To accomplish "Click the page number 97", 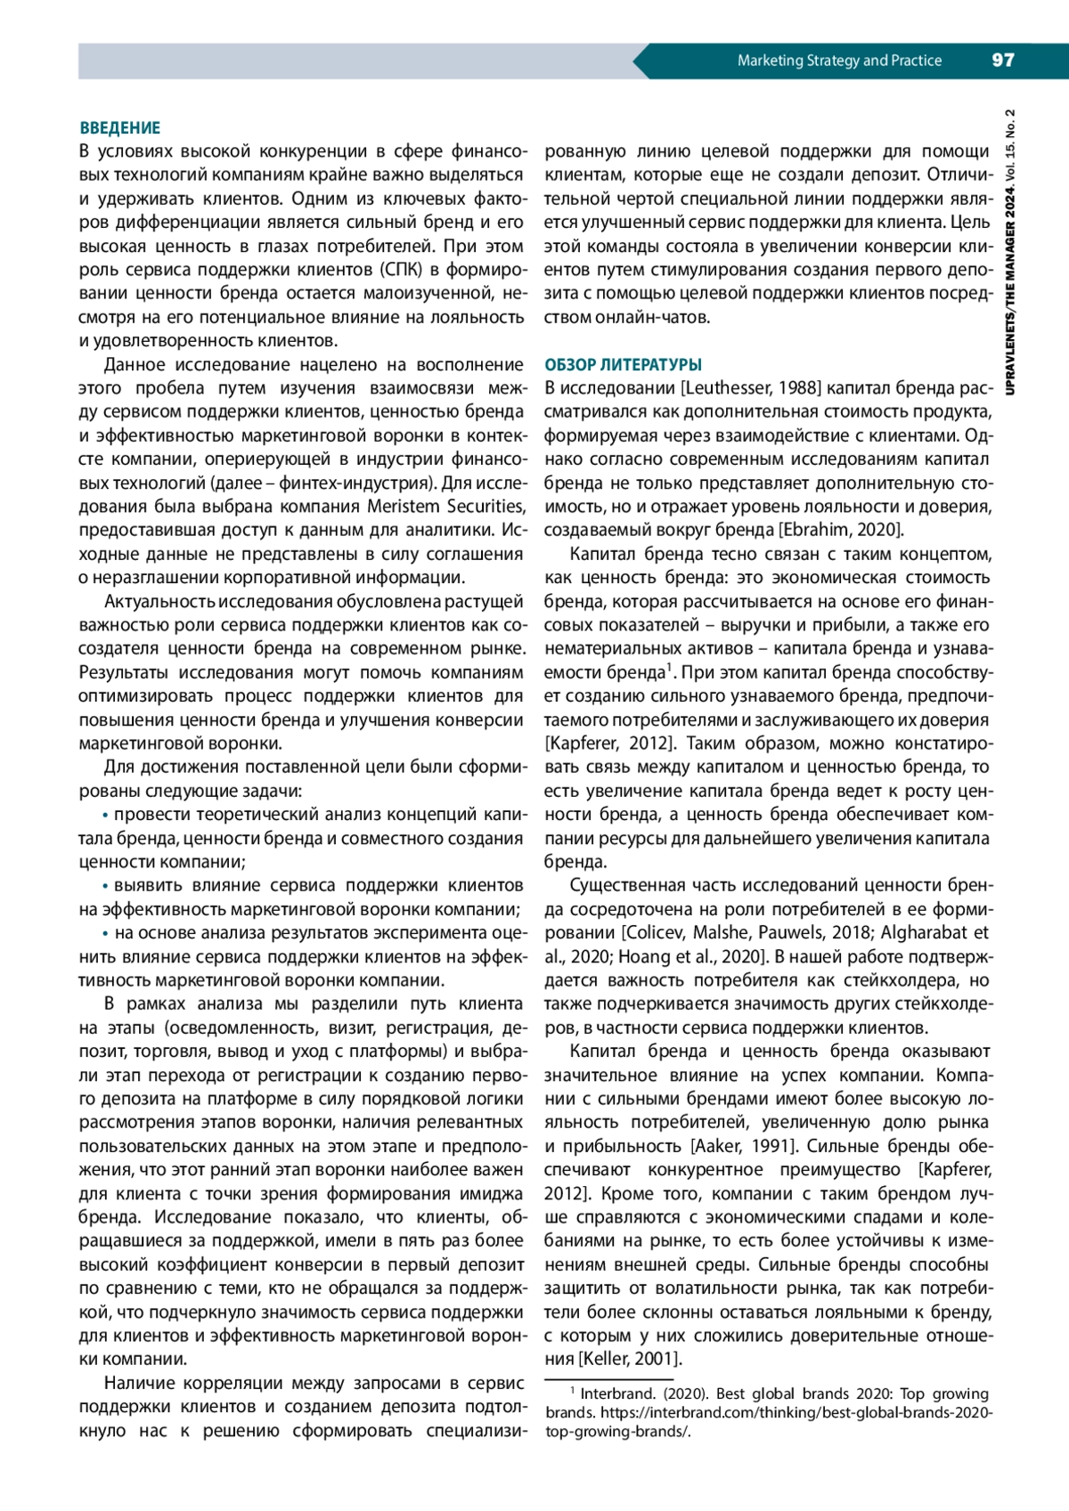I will pos(1002,61).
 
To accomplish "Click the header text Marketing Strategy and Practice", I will pos(839,61).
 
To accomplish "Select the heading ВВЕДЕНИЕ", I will pos(120,128).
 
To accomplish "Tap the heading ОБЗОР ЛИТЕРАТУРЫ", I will pos(623,365).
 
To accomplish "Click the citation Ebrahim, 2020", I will pos(841,531).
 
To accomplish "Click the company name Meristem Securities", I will pos(445,507).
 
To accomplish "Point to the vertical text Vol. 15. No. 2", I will pos(1010,147).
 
